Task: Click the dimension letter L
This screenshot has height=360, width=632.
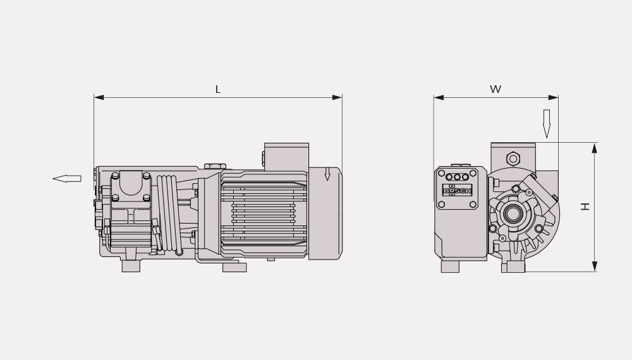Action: pos(218,90)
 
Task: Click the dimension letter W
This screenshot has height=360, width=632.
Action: pos(495,89)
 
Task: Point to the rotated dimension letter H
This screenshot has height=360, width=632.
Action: pos(585,207)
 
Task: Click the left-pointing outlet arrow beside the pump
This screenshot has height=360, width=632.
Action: pos(67,178)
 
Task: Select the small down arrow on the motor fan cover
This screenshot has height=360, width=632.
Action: pos(327,174)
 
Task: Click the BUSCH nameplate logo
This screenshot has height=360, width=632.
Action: pos(457,191)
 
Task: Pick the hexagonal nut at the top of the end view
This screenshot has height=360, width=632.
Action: pos(513,159)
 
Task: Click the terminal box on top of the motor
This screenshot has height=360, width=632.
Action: pos(286,156)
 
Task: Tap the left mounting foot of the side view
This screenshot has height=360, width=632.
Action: pos(131,266)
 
